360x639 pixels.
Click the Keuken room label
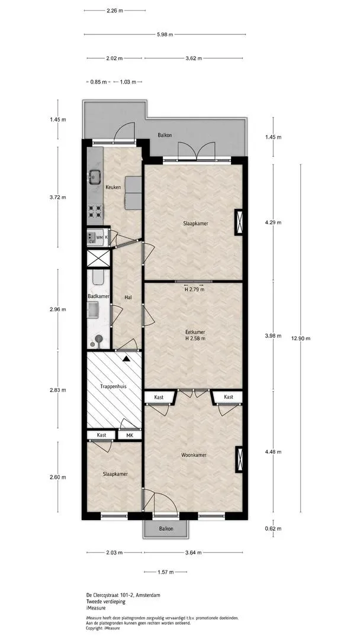tap(113, 188)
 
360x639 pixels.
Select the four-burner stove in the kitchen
tap(95, 211)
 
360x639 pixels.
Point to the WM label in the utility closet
tap(99, 236)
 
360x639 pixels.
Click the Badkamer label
tap(98, 296)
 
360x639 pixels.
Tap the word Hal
tap(128, 298)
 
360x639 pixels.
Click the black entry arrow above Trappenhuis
tap(126, 359)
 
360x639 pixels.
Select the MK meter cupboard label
tap(130, 435)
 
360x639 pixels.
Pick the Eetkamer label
tap(194, 332)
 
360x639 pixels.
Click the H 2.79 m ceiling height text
tap(194, 290)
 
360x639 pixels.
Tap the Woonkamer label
tap(194, 455)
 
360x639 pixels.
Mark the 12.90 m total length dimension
tap(301, 338)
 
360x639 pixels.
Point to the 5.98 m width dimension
tap(165, 35)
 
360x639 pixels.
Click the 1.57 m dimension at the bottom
tap(166, 572)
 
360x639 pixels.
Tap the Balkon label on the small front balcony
tap(166, 529)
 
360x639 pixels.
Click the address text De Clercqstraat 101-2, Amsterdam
tap(123, 595)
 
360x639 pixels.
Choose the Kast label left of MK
tap(101, 435)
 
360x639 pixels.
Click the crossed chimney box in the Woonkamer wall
tap(239, 459)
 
